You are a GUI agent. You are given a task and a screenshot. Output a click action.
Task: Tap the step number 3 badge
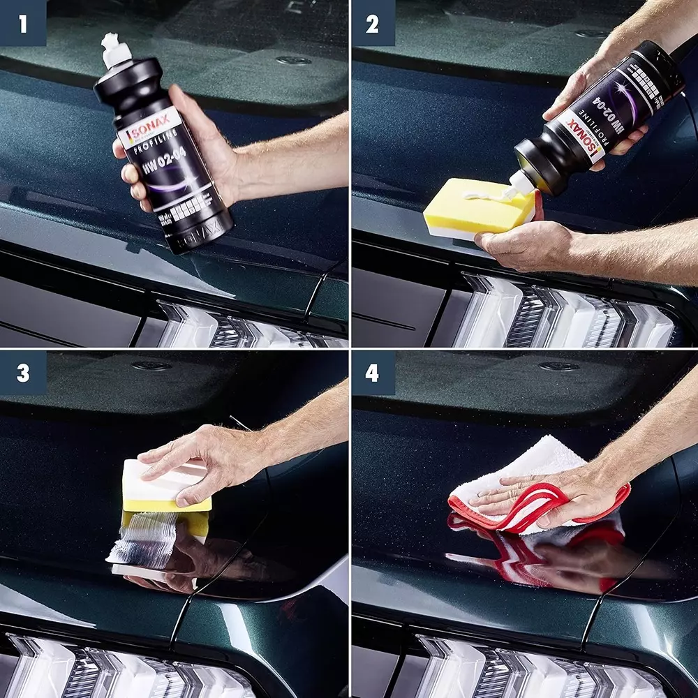click(23, 373)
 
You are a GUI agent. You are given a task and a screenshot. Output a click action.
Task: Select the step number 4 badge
click(372, 373)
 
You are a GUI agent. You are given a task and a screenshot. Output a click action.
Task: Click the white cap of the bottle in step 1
click(112, 49)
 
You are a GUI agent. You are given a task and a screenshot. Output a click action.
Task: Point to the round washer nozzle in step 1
click(293, 60)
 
